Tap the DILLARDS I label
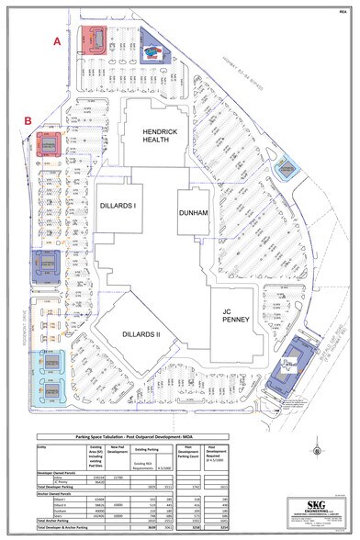click(118, 206)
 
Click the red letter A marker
click(57, 41)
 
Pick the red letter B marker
click(29, 120)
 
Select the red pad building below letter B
click(49, 145)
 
